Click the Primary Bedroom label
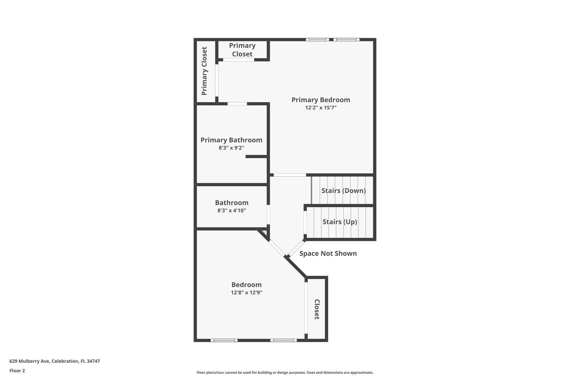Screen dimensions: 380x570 [x=321, y=100]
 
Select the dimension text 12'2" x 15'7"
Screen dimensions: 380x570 [x=321, y=108]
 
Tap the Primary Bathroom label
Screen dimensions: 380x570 [x=231, y=140]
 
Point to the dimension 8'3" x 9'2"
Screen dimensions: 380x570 [x=231, y=148]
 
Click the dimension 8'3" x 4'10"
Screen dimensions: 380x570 [x=232, y=210]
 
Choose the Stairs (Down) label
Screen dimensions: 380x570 [x=343, y=191]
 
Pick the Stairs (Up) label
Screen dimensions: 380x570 [x=340, y=222]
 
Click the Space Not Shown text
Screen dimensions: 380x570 [x=328, y=254]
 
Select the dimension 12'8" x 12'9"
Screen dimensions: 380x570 [x=246, y=293]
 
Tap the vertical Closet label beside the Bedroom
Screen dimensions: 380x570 [x=317, y=309]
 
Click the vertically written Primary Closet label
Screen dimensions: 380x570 [x=205, y=71]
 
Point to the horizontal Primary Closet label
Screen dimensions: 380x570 [x=242, y=50]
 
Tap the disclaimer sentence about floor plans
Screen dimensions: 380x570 [x=285, y=372]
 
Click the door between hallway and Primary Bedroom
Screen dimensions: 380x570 [x=289, y=175]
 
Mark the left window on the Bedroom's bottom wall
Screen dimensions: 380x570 [x=224, y=340]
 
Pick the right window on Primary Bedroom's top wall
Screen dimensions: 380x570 [x=346, y=40]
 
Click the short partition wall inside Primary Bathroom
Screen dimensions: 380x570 [x=256, y=157]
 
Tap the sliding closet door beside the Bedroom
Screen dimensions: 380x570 [x=306, y=308]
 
